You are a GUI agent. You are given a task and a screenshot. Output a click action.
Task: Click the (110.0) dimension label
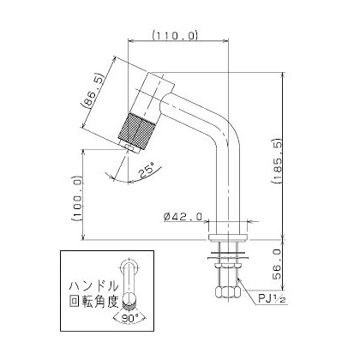click(175, 35)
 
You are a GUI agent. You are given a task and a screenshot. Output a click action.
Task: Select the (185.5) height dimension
click(278, 161)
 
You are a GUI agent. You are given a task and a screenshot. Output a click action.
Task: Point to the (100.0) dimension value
click(77, 199)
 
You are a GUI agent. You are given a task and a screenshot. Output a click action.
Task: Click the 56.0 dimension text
click(278, 264)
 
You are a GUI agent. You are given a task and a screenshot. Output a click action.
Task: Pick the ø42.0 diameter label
click(183, 217)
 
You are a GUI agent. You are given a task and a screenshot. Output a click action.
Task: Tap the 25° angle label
click(147, 171)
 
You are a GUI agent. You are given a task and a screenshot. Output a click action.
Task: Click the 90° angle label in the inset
click(129, 318)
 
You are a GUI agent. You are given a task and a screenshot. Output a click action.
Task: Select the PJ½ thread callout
click(272, 299)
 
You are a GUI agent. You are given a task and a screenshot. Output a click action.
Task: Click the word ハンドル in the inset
click(94, 285)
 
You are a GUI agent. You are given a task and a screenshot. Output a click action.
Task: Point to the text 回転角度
click(94, 301)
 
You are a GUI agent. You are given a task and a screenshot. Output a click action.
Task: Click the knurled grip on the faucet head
click(137, 131)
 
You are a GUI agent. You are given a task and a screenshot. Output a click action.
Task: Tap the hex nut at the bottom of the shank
click(228, 291)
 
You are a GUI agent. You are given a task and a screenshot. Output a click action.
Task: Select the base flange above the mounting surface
click(228, 237)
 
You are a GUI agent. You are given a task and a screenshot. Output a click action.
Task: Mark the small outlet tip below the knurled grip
click(130, 147)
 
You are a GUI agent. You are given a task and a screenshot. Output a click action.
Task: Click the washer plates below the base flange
click(228, 255)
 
